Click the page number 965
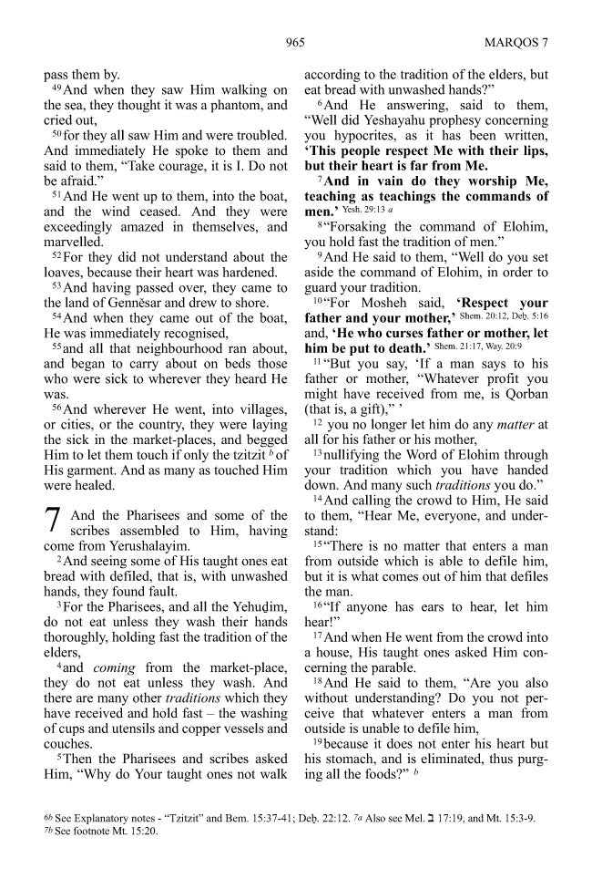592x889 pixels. pyautogui.click(x=294, y=42)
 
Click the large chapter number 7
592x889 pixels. pyautogui.click(x=53, y=520)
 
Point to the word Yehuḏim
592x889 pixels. pyautogui.click(x=256, y=607)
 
